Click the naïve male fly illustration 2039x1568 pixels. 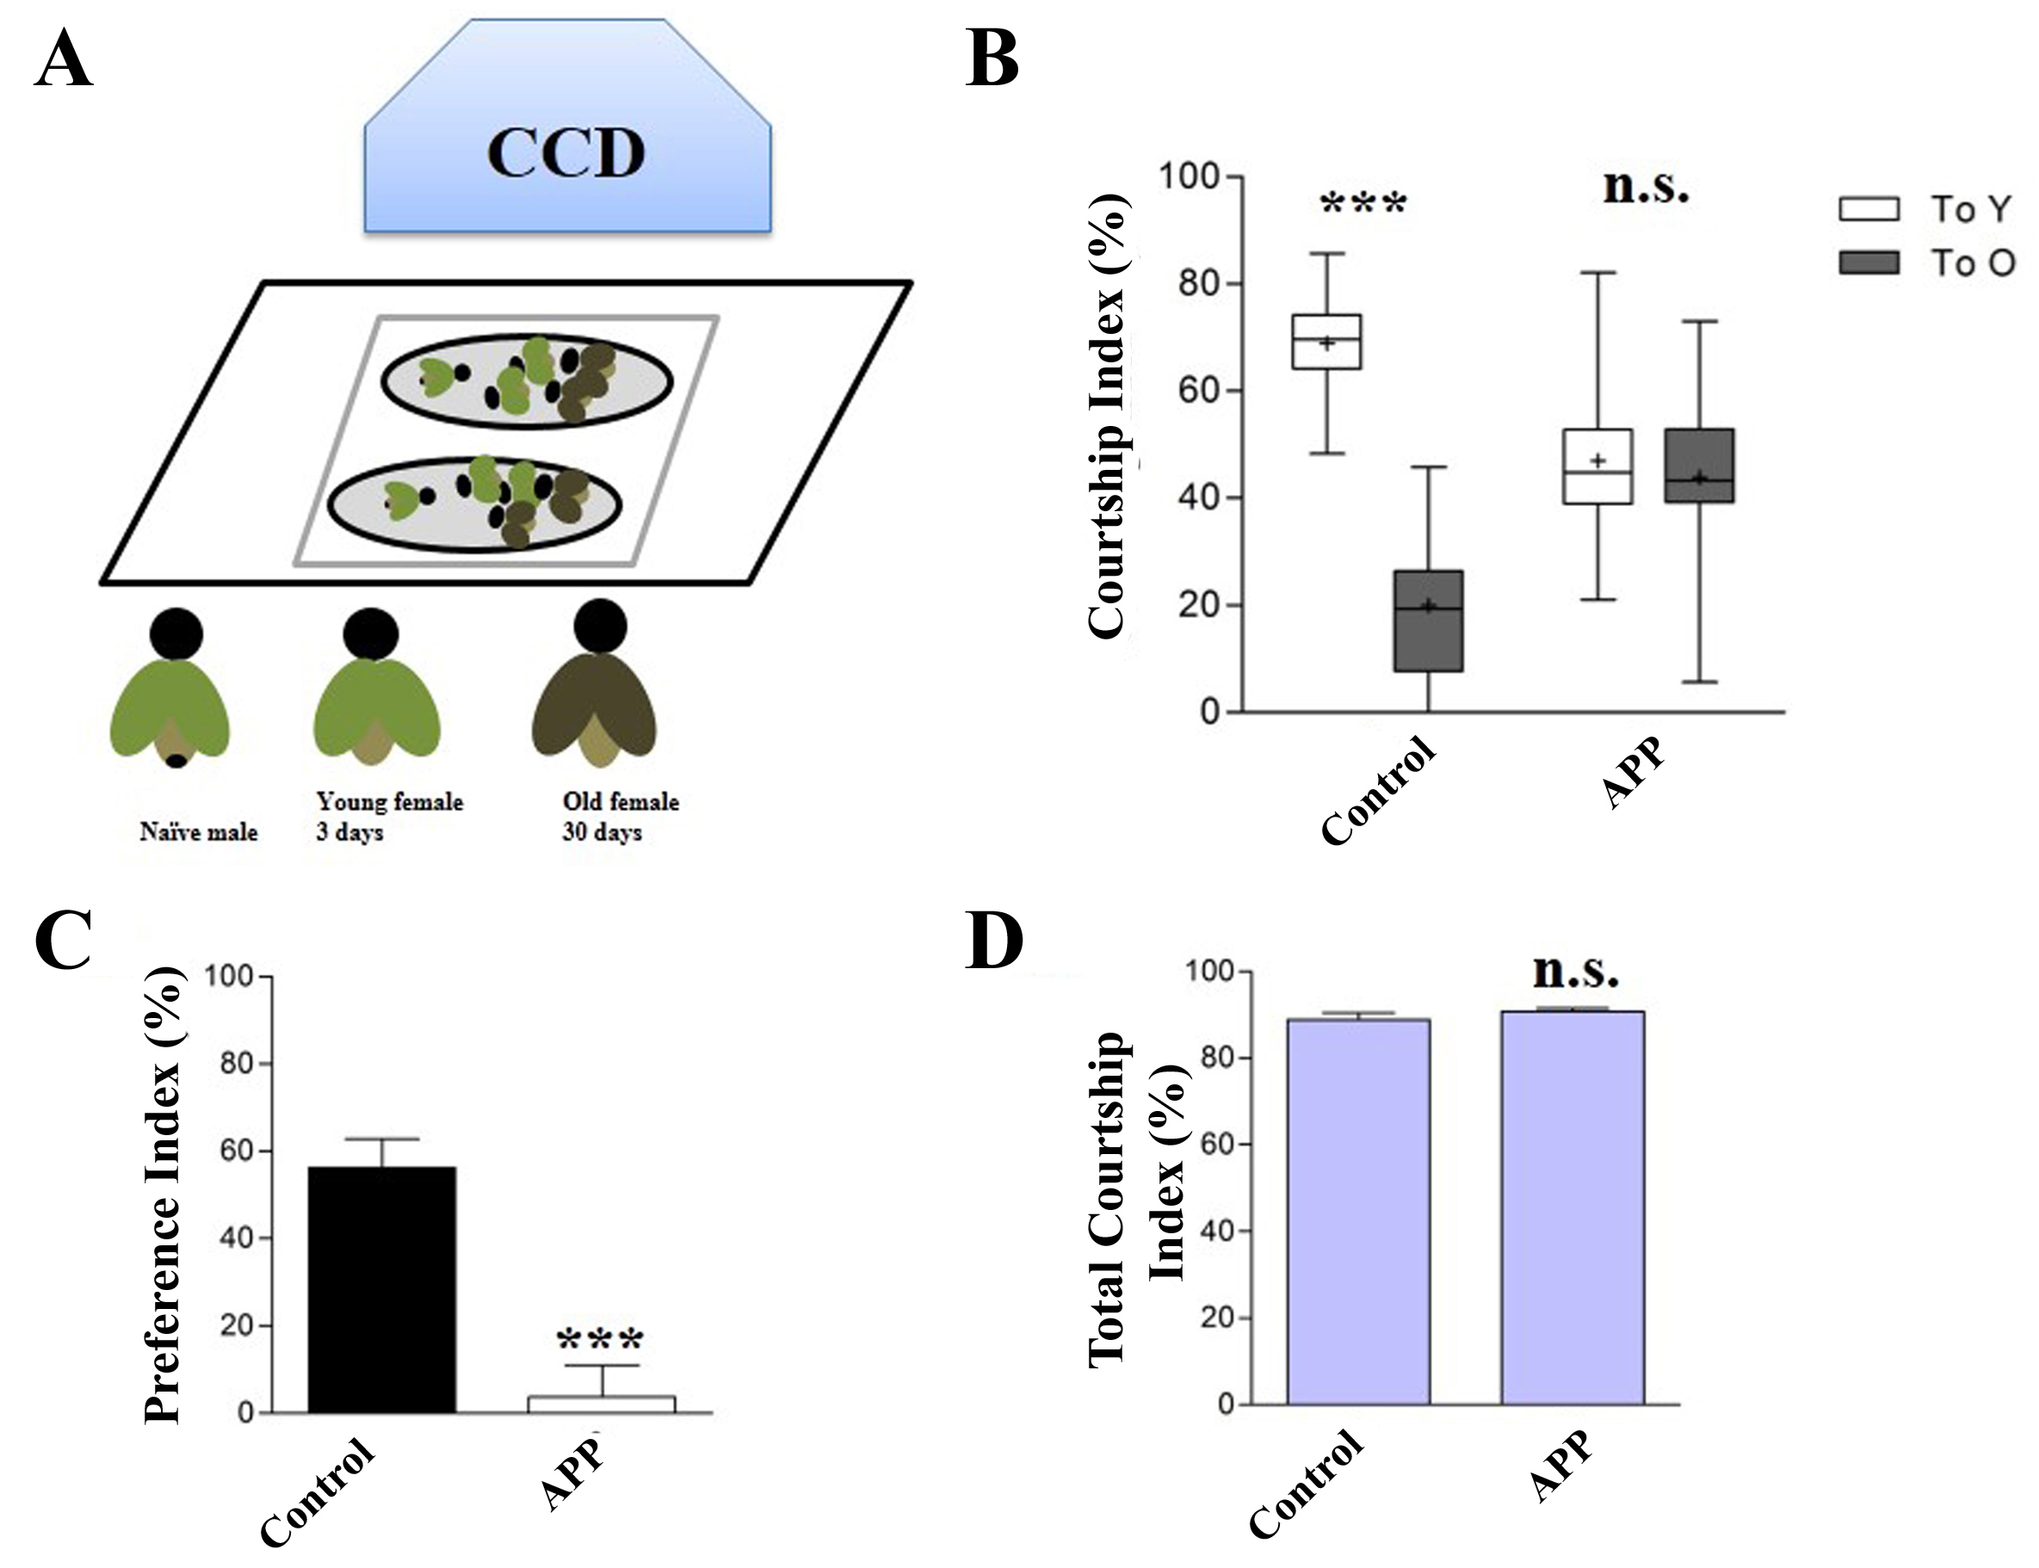[x=170, y=691]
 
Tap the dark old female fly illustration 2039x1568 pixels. [x=595, y=691]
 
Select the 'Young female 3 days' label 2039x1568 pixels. [x=389, y=816]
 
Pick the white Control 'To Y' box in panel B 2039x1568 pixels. [x=1326, y=342]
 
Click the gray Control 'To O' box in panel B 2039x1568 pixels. [x=1428, y=620]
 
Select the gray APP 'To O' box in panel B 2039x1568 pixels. [x=1699, y=466]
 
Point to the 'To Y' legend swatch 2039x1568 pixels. [x=1869, y=209]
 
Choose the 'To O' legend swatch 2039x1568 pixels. [x=1869, y=263]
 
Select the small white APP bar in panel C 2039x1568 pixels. [x=602, y=1404]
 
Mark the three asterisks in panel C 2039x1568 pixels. [x=600, y=1341]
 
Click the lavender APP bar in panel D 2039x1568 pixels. [x=1573, y=1207]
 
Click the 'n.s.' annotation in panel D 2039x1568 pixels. [x=1575, y=972]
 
